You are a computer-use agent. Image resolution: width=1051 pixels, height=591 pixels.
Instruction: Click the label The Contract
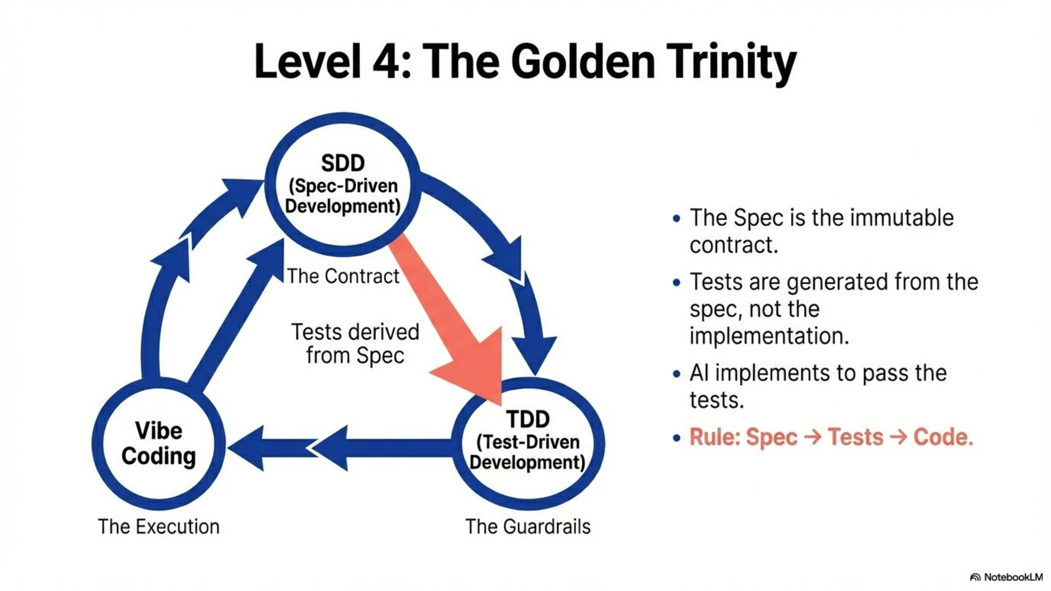pos(343,276)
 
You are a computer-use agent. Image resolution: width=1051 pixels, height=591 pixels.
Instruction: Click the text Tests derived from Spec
pos(355,343)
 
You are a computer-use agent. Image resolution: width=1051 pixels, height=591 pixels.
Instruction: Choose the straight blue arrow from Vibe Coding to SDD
pos(237,314)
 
